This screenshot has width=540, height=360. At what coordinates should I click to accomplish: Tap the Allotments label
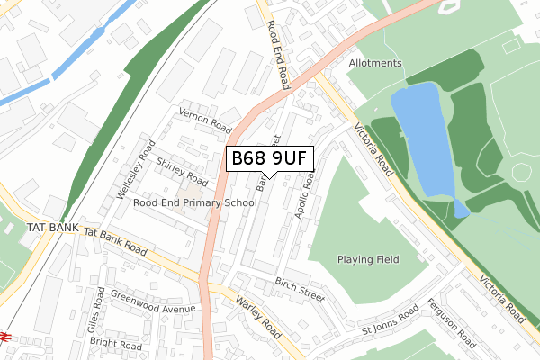pyautogui.click(x=375, y=64)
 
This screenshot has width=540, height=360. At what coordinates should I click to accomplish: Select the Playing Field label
pyautogui.click(x=368, y=259)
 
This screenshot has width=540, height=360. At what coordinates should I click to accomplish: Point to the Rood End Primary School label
pyautogui.click(x=195, y=203)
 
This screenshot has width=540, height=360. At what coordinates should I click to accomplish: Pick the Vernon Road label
pyautogui.click(x=206, y=119)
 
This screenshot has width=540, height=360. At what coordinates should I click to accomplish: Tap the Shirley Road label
pyautogui.click(x=182, y=172)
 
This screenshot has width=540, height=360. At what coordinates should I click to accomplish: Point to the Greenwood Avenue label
pyautogui.click(x=153, y=303)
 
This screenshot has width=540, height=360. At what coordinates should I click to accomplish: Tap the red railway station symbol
pyautogui.click(x=4, y=337)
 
